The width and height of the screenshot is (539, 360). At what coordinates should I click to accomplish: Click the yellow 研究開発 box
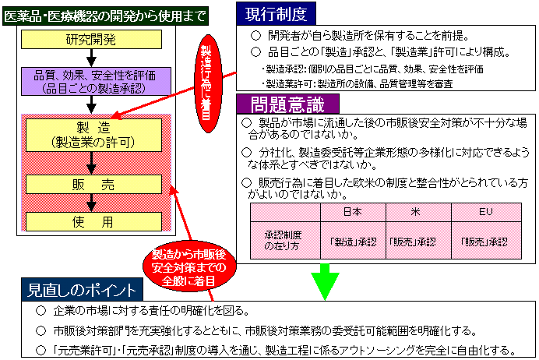[x=91, y=39]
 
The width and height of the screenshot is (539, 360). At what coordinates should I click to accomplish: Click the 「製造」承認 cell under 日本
[x=352, y=241]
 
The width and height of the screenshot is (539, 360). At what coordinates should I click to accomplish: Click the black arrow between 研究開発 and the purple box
[x=91, y=57]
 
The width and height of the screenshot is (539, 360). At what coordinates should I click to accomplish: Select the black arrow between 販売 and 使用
[x=92, y=202]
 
